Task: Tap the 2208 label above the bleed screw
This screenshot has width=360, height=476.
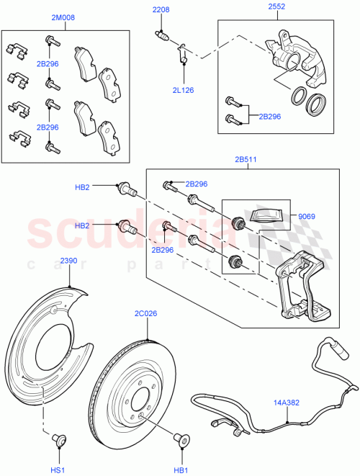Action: [x=160, y=10]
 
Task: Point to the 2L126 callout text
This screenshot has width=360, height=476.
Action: [x=184, y=90]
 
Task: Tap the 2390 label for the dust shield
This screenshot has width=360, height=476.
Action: [x=68, y=260]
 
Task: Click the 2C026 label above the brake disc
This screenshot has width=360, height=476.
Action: [x=146, y=313]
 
